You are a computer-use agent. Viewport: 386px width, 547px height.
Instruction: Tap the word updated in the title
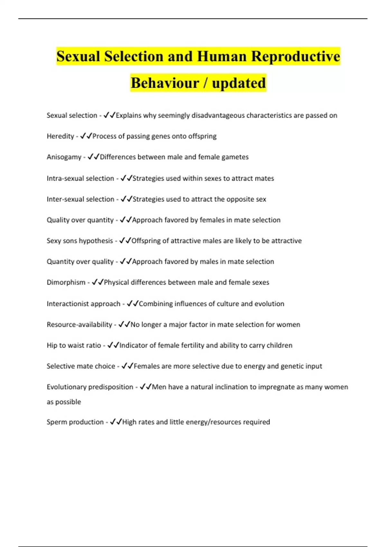point(239,83)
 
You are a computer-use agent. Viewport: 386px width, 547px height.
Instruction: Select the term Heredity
point(60,136)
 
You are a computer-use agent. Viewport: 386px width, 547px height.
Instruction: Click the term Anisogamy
point(64,157)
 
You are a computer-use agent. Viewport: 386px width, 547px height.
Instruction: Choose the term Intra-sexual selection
point(80,178)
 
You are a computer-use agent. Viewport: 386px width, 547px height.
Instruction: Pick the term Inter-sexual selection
point(80,199)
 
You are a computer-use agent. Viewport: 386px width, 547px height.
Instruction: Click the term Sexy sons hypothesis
point(79,241)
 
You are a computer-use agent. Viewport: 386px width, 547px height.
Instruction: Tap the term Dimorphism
point(66,282)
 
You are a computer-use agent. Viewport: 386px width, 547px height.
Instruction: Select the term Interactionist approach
point(83,304)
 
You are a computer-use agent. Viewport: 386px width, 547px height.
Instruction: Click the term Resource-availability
point(79,324)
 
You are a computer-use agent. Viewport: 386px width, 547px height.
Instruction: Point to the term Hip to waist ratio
point(74,345)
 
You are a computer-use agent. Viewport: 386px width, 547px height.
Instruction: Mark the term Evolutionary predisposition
point(90,387)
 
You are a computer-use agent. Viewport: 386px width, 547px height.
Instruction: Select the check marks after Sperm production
point(116,422)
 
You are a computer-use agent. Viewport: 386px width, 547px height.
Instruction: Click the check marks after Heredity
point(86,136)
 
